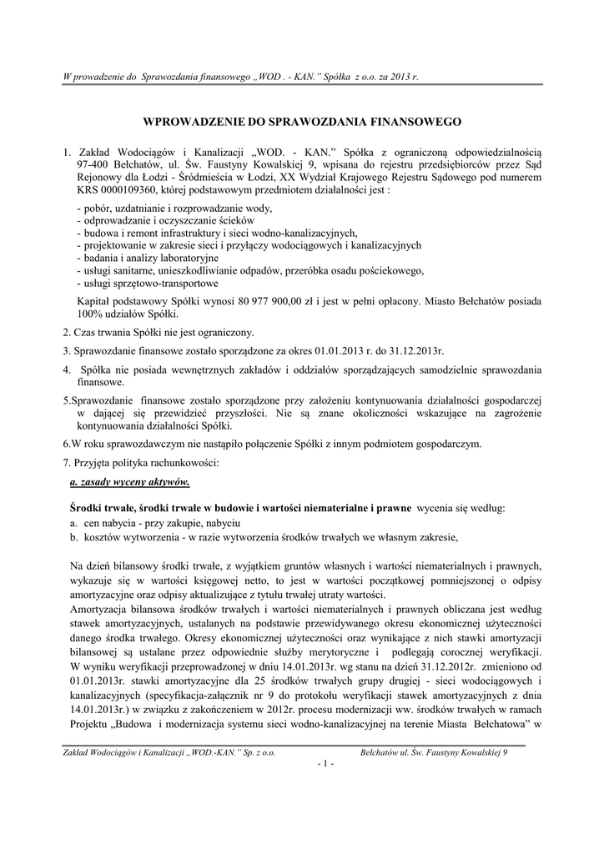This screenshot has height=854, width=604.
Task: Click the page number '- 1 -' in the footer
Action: point(302,764)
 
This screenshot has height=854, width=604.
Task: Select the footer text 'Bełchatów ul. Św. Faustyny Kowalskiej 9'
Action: point(439,751)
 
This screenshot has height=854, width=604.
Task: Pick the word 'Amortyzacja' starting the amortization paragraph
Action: point(100,610)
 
